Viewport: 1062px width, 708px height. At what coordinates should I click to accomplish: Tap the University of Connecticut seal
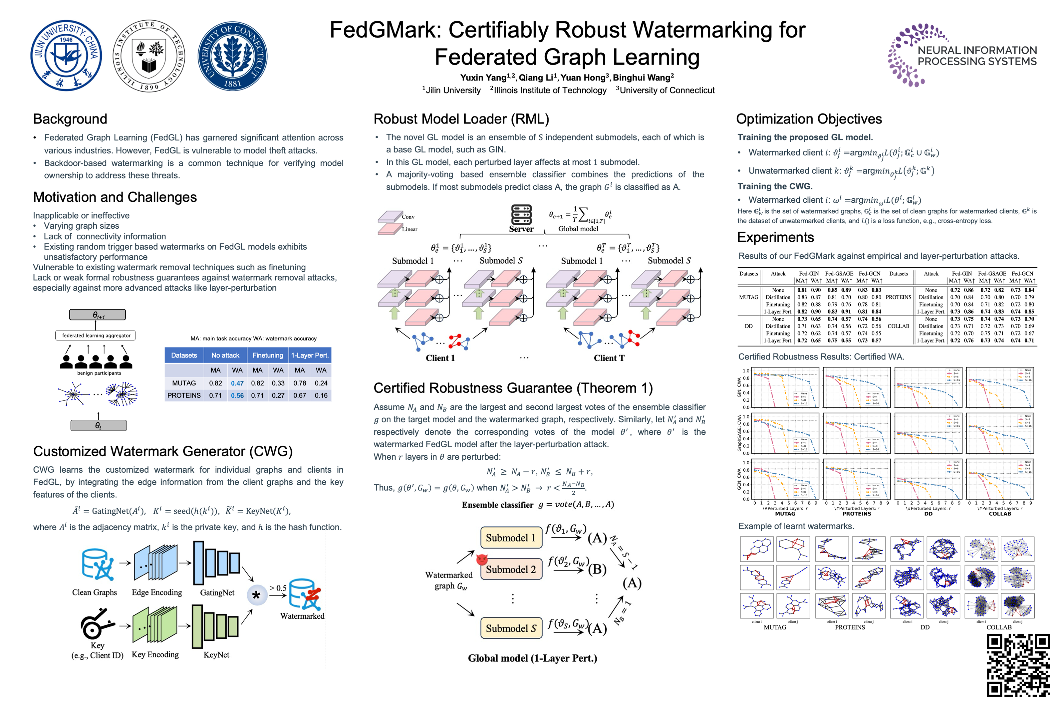click(x=232, y=56)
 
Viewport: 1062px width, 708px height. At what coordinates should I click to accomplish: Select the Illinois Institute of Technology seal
click(x=149, y=56)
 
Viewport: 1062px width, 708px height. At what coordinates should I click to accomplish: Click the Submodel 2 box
click(x=511, y=569)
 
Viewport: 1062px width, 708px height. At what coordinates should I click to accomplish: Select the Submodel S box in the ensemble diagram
click(x=511, y=628)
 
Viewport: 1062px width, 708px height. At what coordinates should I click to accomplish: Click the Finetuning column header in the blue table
click(x=268, y=355)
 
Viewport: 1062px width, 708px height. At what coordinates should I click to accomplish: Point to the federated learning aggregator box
click(x=96, y=335)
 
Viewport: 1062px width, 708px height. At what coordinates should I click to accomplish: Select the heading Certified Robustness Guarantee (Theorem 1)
click(x=513, y=388)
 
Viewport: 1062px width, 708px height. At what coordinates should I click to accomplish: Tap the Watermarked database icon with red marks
click(x=304, y=594)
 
